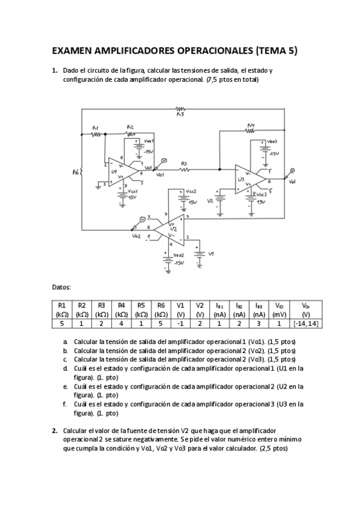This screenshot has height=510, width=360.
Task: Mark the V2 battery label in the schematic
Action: [x=210, y=201]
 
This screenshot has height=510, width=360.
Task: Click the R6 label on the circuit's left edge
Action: [x=75, y=172]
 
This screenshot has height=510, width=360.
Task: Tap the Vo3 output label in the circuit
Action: [x=291, y=182]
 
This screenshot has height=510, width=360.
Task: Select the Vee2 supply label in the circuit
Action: [x=178, y=254]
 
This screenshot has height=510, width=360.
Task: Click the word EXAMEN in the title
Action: [x=75, y=51]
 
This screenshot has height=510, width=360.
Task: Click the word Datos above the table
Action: [x=61, y=287]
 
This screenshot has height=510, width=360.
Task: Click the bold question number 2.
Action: [x=54, y=431]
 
